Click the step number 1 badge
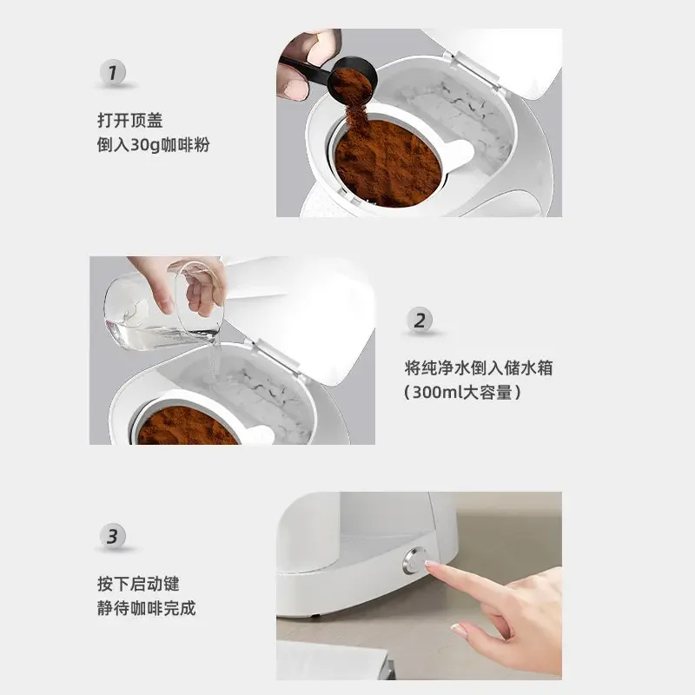112,72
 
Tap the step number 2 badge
420,320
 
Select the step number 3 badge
113,536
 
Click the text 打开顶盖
130,121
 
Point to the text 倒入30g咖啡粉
154,145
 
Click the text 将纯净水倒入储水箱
479,367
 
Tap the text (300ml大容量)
463,393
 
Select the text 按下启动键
138,584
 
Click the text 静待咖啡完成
146,608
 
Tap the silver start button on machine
414,560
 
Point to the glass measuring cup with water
164,306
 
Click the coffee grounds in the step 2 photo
186,427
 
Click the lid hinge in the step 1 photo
475,71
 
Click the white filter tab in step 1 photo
457,153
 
